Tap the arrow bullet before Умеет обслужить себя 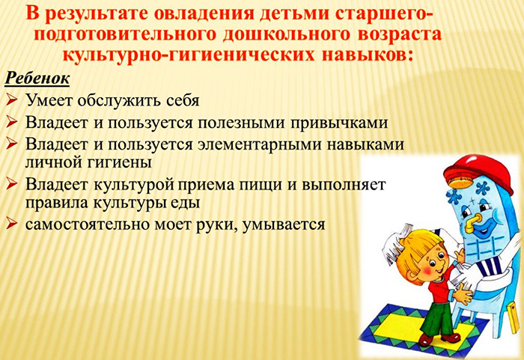click(x=11, y=99)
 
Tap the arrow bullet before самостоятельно click(x=11, y=222)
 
